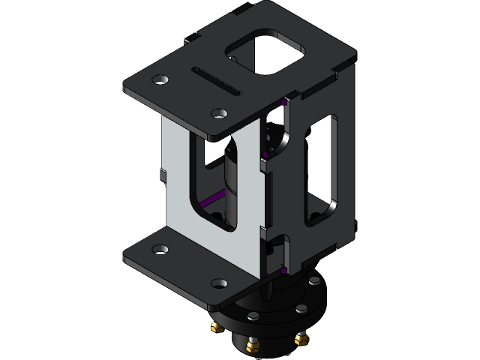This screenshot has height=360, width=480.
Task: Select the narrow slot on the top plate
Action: [217, 81]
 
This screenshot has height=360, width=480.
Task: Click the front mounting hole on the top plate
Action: [218, 114]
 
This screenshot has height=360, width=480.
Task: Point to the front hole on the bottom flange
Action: [218, 283]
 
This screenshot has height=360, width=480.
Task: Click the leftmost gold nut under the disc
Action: [216, 326]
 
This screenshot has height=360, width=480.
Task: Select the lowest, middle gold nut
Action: [252, 346]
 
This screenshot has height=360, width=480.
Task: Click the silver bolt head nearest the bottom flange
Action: [253, 316]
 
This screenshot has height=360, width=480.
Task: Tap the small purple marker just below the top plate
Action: [283, 101]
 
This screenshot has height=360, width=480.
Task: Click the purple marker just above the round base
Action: [284, 269]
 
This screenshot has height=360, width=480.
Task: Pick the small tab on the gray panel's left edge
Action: [162, 177]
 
